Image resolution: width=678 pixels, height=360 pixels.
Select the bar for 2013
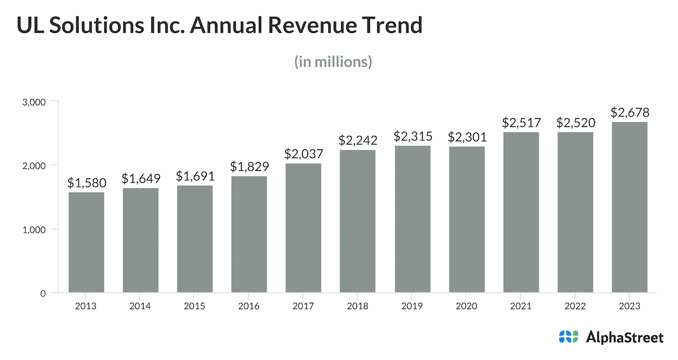86,242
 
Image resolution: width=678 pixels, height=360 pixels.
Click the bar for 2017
303,228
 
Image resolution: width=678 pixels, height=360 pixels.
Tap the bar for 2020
467,220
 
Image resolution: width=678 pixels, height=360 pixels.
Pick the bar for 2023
629,208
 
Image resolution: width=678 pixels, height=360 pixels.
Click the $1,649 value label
141,179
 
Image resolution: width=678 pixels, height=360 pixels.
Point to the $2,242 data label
358,140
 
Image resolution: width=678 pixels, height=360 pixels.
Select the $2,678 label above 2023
630,112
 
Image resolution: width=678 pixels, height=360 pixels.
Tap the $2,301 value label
467,137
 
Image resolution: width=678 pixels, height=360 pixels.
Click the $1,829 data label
249,166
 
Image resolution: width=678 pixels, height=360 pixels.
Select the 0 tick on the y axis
43,293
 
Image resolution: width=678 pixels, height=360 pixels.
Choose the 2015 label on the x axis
195,306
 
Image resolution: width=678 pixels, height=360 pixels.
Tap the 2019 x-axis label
412,306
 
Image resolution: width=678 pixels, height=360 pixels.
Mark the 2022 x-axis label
575,306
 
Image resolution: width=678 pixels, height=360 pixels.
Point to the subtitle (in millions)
333,62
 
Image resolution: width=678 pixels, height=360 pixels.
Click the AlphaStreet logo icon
568,337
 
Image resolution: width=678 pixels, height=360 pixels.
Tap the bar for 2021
521,212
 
